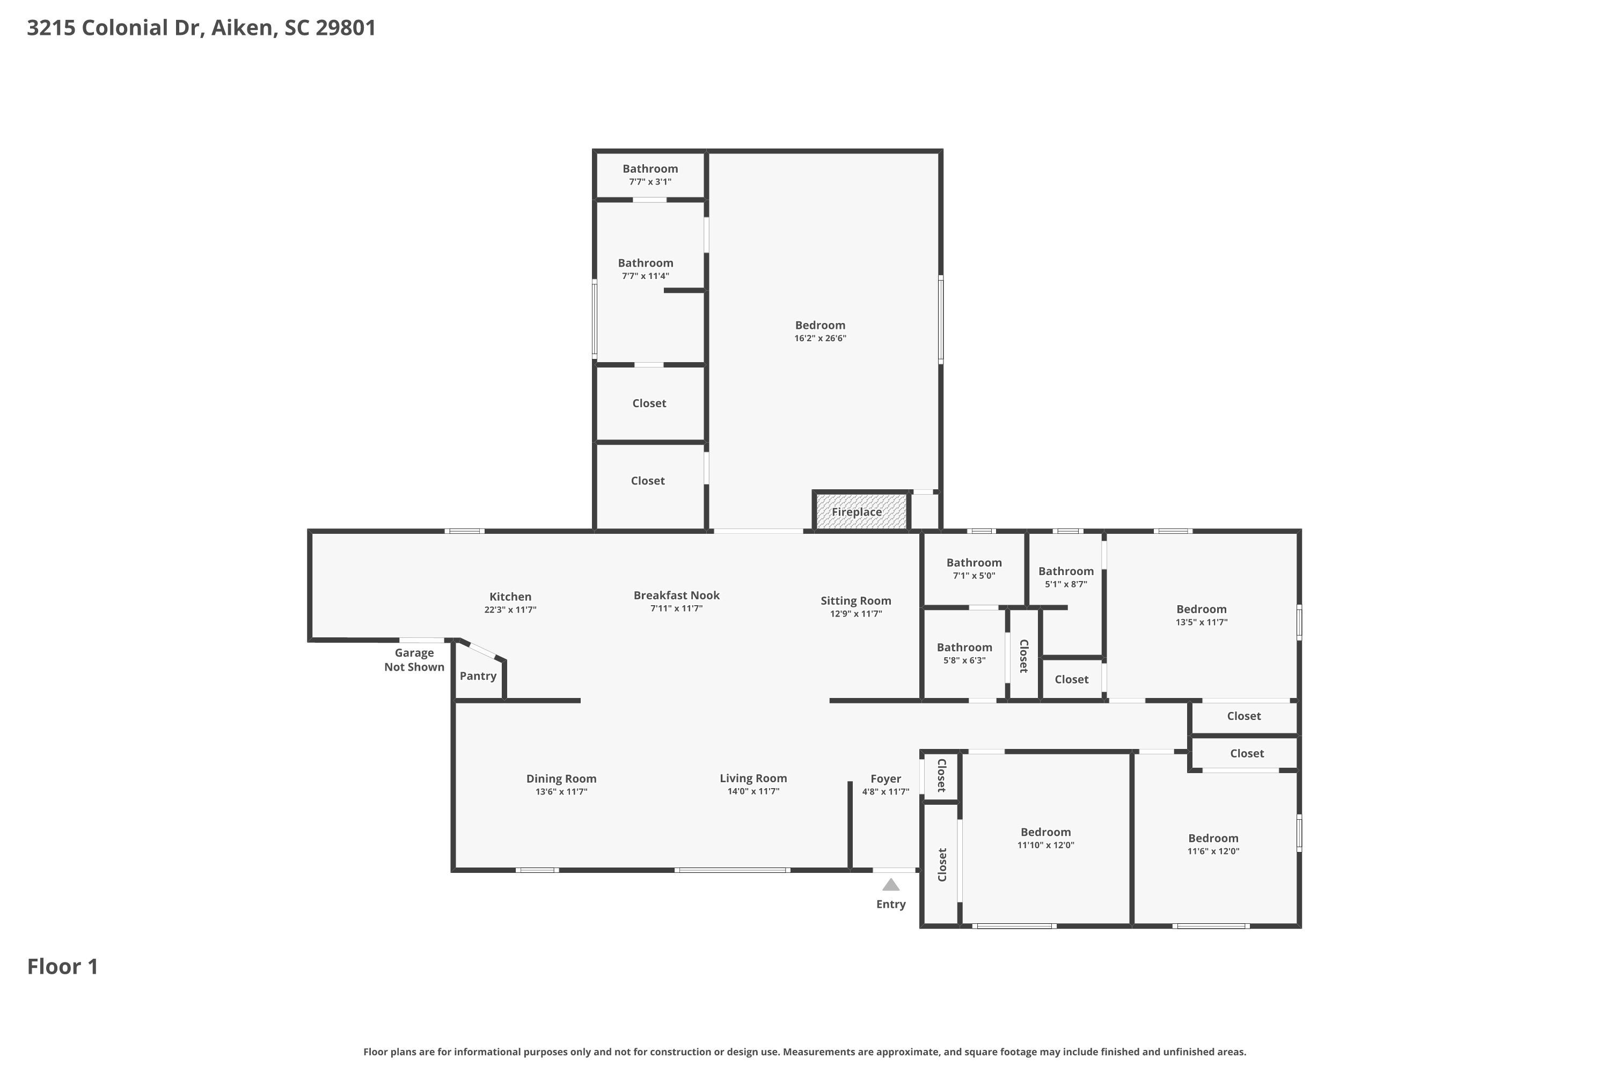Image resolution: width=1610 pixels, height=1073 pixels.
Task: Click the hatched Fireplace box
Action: point(860,512)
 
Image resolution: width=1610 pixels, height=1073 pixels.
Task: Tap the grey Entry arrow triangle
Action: point(890,885)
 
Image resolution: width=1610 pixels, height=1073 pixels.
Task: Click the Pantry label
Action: point(478,676)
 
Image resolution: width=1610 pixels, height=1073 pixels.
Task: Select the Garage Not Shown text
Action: point(414,660)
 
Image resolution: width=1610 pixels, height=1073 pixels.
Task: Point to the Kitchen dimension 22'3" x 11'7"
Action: point(510,609)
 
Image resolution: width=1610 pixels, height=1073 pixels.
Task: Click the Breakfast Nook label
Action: point(676,596)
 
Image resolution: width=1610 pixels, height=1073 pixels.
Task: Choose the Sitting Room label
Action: point(855,601)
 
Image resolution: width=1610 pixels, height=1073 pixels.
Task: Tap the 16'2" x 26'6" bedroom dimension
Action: point(820,338)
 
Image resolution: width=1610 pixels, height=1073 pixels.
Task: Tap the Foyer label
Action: point(885,779)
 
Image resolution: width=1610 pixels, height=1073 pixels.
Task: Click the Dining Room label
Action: point(561,779)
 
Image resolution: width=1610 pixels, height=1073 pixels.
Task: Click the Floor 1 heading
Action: point(63,966)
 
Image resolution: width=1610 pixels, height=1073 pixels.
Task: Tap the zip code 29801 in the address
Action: point(346,27)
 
